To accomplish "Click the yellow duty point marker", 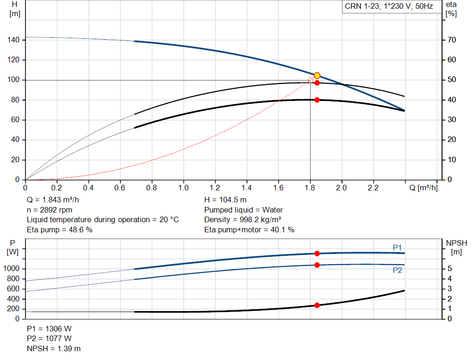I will pyautogui.click(x=317, y=76).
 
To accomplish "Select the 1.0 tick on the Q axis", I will pyautogui.click(x=183, y=188).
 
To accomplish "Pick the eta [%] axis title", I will pyautogui.click(x=451, y=9).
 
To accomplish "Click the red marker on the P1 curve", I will pyautogui.click(x=317, y=254).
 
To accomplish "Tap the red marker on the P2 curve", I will pyautogui.click(x=317, y=265).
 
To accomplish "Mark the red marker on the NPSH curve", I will pyautogui.click(x=317, y=305).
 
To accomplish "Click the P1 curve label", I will pyautogui.click(x=397, y=248).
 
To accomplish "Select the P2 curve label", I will pyautogui.click(x=397, y=271).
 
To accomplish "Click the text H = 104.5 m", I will pyautogui.click(x=226, y=200).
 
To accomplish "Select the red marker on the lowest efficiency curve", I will pyautogui.click(x=317, y=100).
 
